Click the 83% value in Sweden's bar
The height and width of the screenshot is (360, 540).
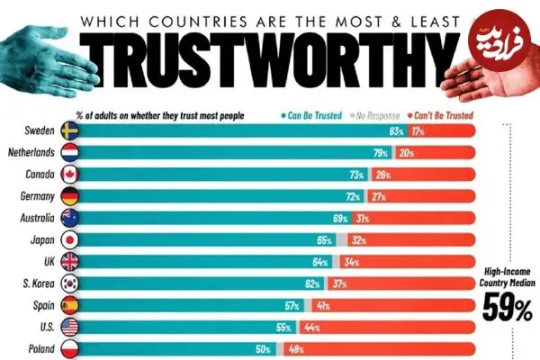[382, 130]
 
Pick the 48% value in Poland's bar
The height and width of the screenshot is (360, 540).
[295, 348]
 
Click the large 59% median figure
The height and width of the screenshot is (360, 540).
[509, 309]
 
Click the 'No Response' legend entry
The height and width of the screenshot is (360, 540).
[379, 115]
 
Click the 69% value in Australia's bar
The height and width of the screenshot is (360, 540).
[339, 217]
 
